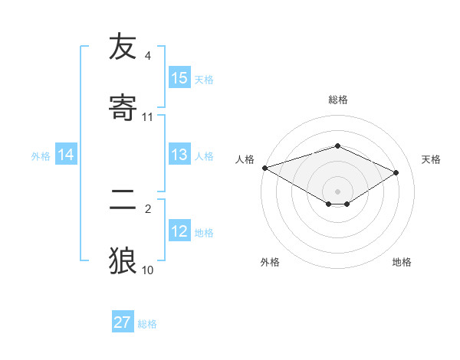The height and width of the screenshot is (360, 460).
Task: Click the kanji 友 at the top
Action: point(123,47)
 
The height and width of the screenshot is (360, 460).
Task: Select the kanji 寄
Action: point(123,107)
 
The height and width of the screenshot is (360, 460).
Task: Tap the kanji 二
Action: point(123,201)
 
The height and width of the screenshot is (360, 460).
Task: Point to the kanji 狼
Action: point(123,260)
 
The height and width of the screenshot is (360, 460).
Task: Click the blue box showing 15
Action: point(179,78)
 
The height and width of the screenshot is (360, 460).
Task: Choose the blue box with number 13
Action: point(179,155)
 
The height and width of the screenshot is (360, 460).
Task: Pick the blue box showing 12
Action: point(179,232)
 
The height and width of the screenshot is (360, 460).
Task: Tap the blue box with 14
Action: point(66,155)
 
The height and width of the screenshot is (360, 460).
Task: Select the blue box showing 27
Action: point(123,322)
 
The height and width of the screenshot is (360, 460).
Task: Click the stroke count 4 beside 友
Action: point(148,56)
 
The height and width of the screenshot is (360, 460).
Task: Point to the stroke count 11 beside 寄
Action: point(148,117)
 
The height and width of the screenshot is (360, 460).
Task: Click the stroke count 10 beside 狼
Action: point(148,270)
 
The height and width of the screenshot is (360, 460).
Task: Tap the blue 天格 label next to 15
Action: point(204,79)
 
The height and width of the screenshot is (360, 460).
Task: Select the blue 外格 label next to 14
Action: point(41,156)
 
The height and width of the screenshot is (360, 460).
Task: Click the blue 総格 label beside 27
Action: point(147,323)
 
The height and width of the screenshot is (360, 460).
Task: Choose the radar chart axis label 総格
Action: point(338,100)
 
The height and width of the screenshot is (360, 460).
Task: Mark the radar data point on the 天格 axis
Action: point(396,173)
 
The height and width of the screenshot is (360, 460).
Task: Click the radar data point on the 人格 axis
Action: point(264,168)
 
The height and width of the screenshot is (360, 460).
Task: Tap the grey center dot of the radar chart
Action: point(338,191)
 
